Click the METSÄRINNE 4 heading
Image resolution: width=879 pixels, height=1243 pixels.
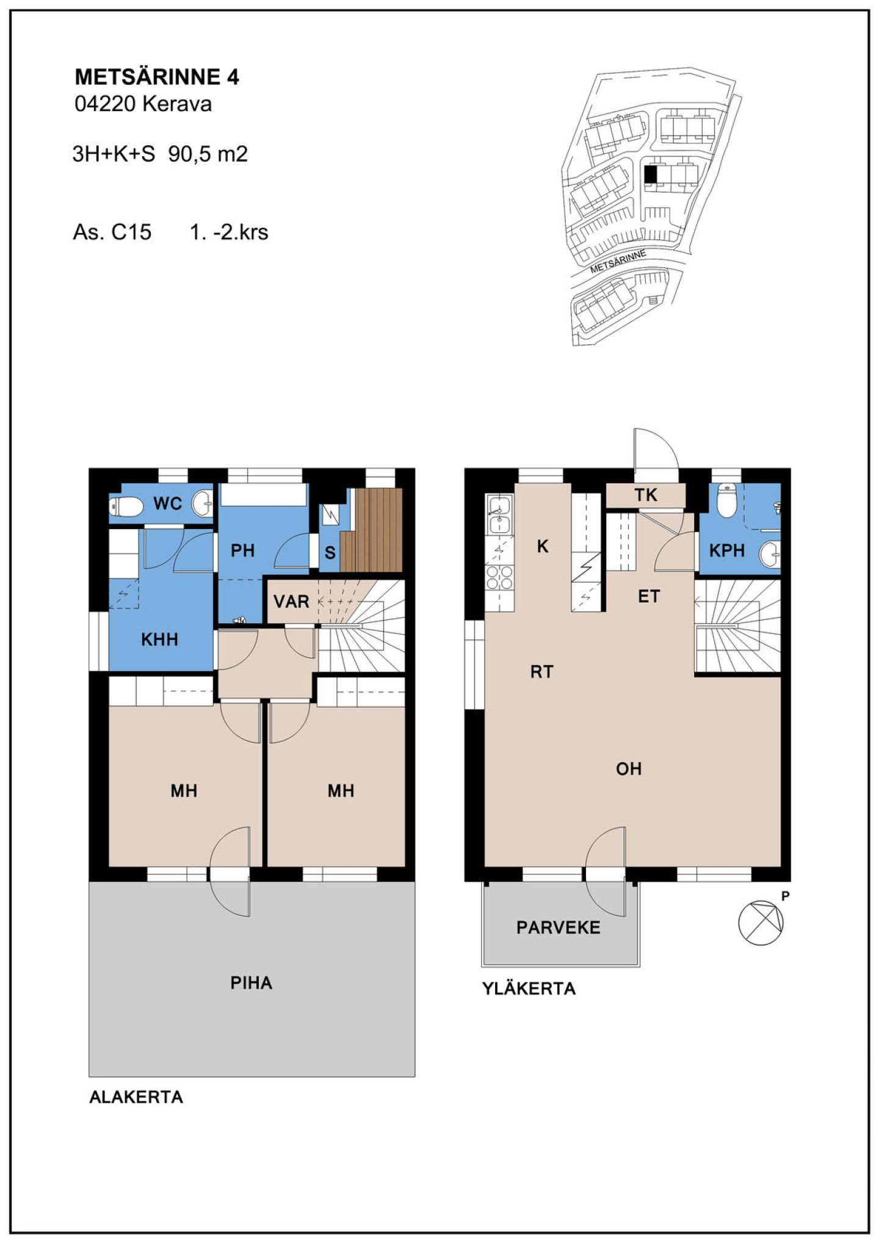click(x=157, y=77)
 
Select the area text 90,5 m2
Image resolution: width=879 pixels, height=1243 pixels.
click(x=208, y=154)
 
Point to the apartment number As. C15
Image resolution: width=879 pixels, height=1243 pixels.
click(x=112, y=232)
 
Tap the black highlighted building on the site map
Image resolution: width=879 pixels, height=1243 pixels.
click(x=651, y=175)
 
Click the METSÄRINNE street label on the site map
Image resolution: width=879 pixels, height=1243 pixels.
click(x=618, y=261)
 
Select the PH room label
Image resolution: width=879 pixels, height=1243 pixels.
click(x=242, y=551)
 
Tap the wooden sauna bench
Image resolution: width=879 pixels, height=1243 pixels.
click(x=372, y=530)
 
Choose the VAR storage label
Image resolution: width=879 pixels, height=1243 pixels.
click(x=291, y=602)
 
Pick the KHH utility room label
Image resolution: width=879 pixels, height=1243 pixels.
click(x=159, y=640)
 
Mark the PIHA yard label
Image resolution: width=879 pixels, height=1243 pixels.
click(x=251, y=983)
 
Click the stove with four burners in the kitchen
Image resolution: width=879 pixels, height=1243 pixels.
click(x=499, y=577)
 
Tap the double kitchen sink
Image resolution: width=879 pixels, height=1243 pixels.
click(x=499, y=514)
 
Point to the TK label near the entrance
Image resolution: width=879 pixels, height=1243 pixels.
click(x=646, y=495)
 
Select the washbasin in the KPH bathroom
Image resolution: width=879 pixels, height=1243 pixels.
click(x=770, y=554)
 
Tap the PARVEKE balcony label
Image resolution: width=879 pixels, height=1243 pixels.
click(x=559, y=928)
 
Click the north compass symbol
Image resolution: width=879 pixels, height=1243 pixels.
click(x=761, y=922)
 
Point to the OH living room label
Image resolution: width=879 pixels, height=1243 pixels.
click(x=629, y=769)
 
